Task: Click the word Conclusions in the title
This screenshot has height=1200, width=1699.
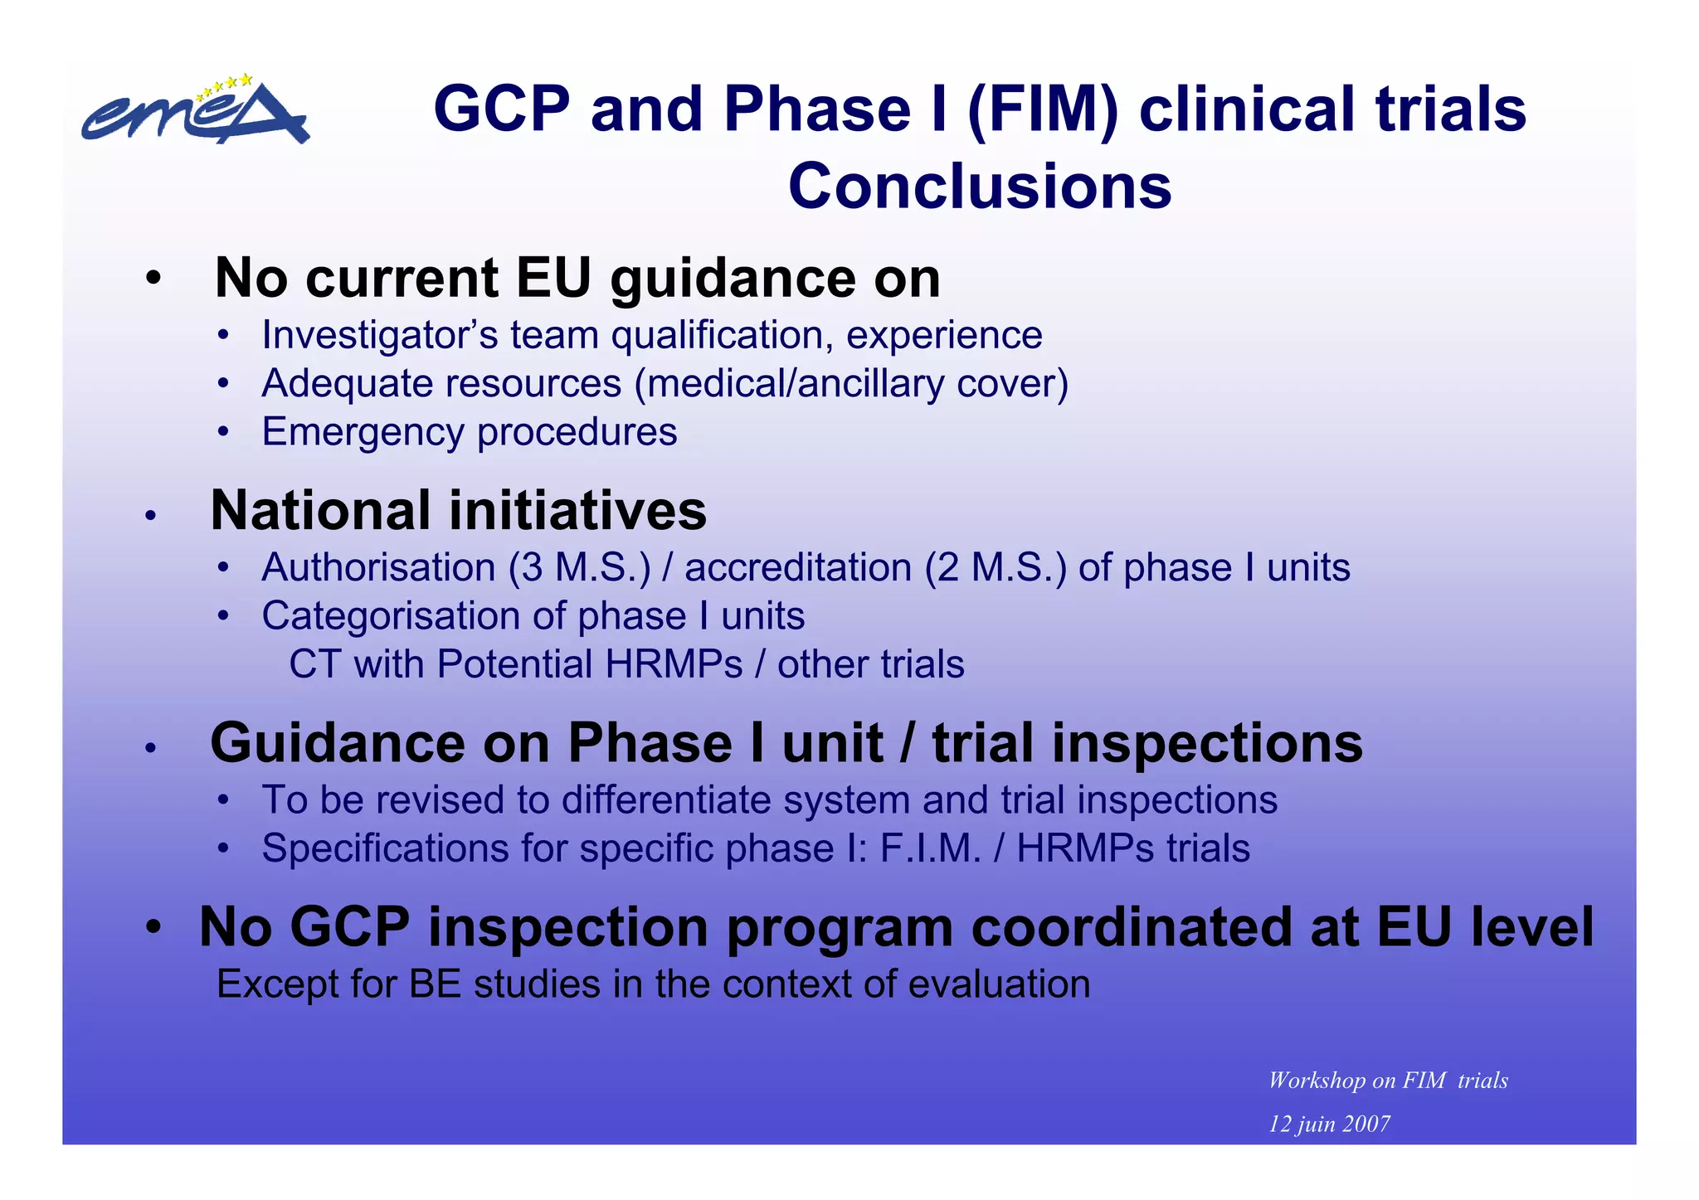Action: pyautogui.click(x=980, y=187)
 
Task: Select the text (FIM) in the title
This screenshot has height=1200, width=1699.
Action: pyautogui.click(x=1043, y=109)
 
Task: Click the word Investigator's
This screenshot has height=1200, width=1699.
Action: pyautogui.click(x=379, y=336)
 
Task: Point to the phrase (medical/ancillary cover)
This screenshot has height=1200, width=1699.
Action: pyautogui.click(x=851, y=384)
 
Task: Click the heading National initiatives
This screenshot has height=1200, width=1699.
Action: pyautogui.click(x=458, y=511)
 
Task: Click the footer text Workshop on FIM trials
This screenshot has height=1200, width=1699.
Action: pyautogui.click(x=1387, y=1081)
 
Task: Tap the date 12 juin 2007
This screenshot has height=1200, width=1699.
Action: pyautogui.click(x=1329, y=1125)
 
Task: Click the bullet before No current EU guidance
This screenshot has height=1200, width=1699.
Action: pyautogui.click(x=152, y=279)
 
